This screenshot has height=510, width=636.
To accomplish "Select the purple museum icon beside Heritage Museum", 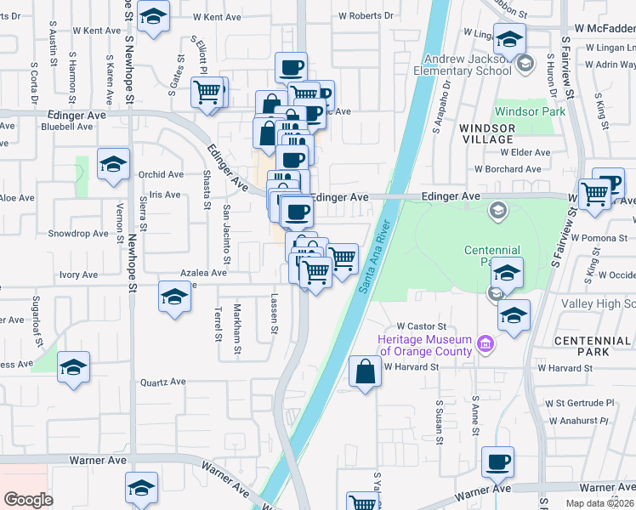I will pyautogui.click(x=486, y=344).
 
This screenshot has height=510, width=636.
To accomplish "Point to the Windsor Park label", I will pyautogui.click(x=530, y=111).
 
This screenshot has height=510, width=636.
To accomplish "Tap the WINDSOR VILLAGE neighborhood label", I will pyautogui.click(x=486, y=133).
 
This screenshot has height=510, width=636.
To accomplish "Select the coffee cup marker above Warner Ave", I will pyautogui.click(x=498, y=462).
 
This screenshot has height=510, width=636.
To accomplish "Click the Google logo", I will pyautogui.click(x=28, y=500).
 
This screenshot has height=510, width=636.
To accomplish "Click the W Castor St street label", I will pyautogui.click(x=422, y=326).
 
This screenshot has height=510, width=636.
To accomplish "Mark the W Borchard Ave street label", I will pyautogui.click(x=508, y=169).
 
